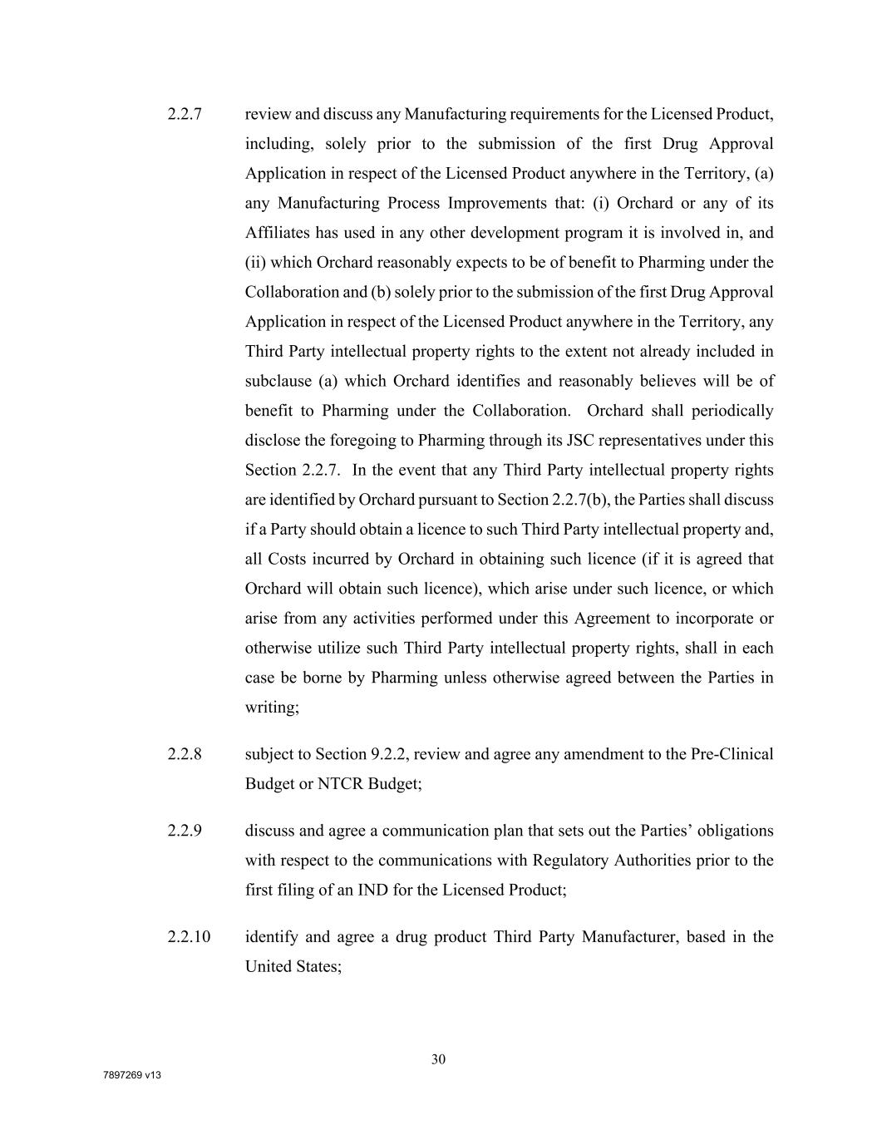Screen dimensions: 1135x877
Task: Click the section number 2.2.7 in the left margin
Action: coord(185,114)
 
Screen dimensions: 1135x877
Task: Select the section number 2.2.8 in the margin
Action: coord(185,754)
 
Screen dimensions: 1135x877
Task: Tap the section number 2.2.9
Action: coord(185,831)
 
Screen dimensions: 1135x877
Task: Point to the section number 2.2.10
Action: coord(189,937)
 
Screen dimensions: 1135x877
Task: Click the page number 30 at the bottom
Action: coord(439,1059)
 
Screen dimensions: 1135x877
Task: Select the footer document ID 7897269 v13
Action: coord(132,1075)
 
